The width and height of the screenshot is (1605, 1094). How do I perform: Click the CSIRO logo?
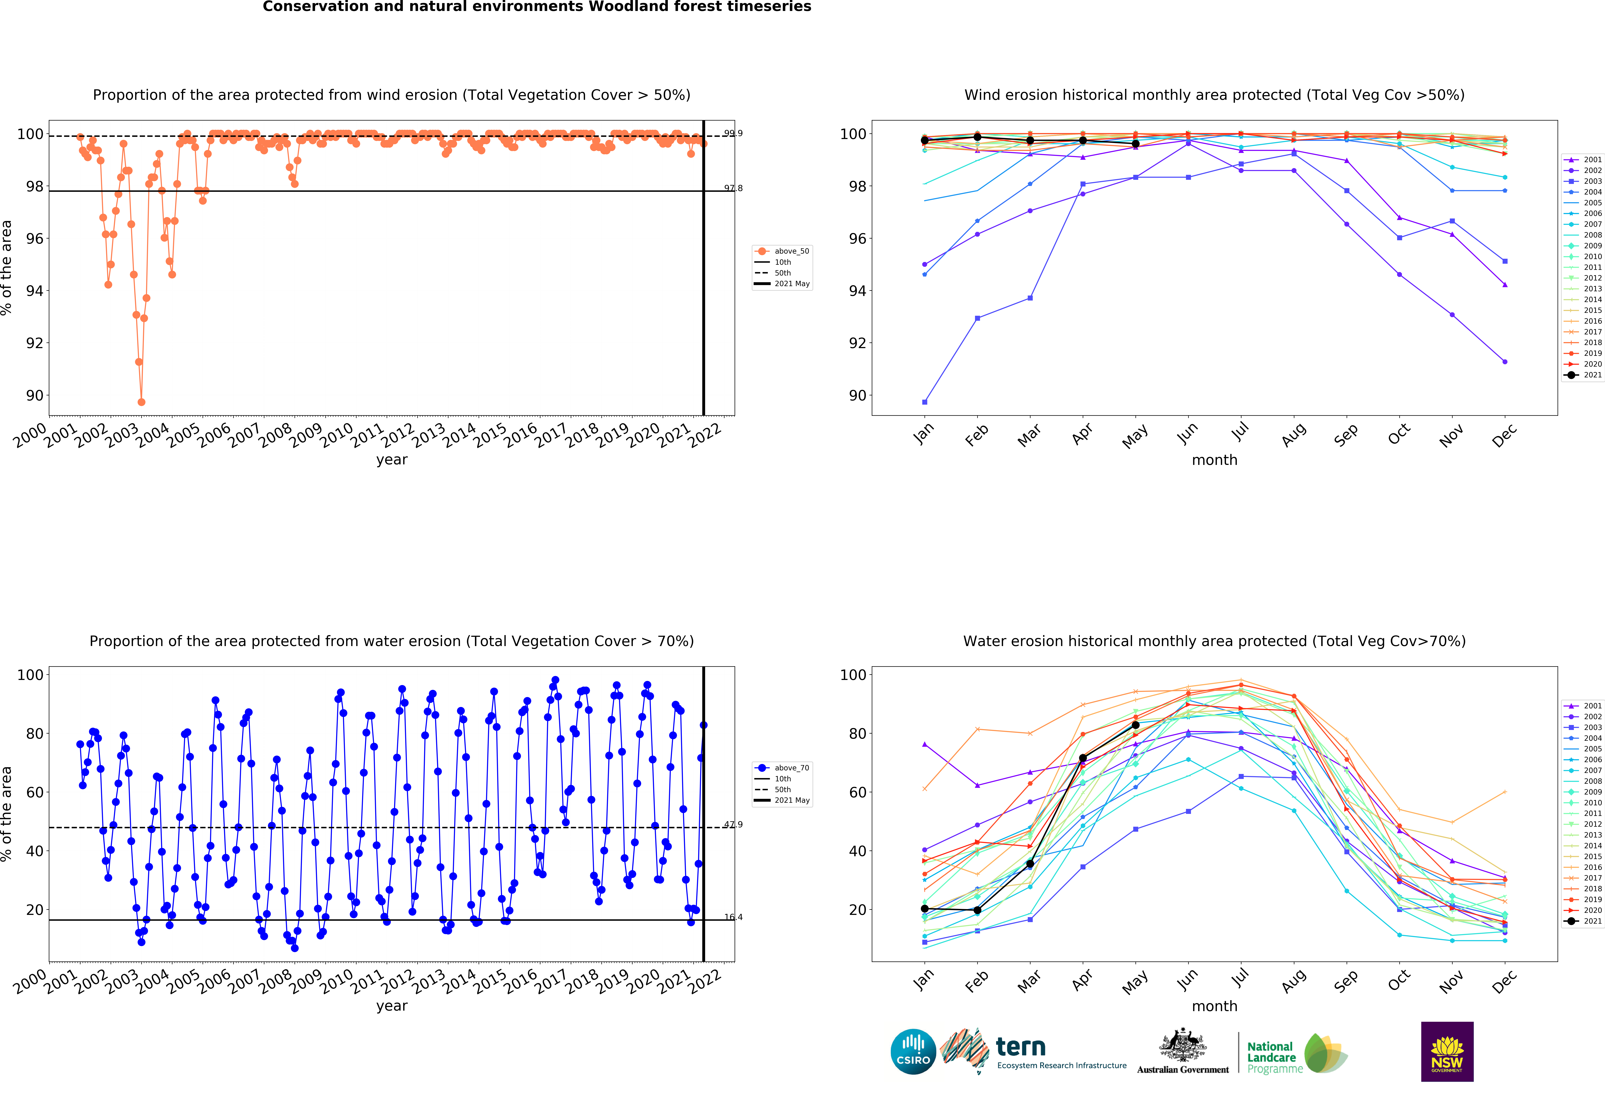[913, 1052]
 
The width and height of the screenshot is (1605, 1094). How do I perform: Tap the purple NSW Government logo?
[1447, 1051]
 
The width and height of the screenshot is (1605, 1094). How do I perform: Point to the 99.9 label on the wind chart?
[733, 133]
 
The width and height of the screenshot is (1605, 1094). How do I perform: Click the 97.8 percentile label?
[733, 188]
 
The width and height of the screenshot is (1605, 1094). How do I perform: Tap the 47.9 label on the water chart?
[733, 825]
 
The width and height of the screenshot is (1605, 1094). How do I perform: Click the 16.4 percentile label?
[733, 917]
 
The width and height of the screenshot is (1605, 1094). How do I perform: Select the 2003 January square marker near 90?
[925, 402]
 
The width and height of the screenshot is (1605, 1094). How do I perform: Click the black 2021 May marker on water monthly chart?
[1135, 725]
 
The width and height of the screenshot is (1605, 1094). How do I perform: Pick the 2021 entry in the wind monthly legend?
[1592, 375]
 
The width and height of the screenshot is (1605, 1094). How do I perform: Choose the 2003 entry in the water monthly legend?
[1592, 727]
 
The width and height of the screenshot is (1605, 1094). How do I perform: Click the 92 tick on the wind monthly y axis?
[856, 343]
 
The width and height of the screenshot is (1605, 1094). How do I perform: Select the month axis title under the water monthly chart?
[1214, 1006]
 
